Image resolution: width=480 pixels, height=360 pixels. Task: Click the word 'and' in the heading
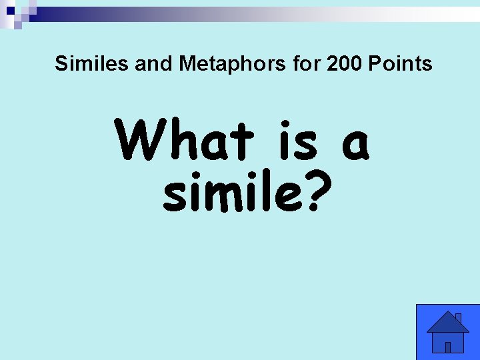(x=153, y=64)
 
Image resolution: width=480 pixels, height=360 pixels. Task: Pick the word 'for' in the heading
(x=307, y=64)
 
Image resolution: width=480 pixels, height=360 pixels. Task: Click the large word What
(x=185, y=141)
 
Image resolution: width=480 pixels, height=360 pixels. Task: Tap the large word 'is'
(x=299, y=141)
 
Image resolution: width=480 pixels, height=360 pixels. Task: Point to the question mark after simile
(x=320, y=191)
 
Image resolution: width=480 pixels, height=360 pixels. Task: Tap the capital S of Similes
(x=61, y=64)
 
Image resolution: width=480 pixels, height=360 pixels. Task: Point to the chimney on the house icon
(x=458, y=318)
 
